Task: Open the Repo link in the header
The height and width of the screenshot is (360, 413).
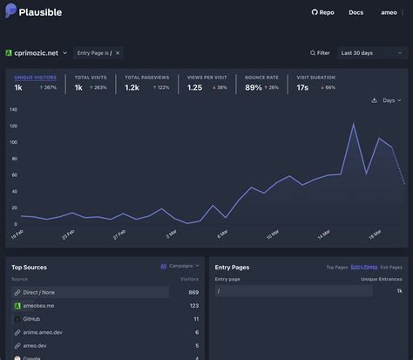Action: [x=322, y=12]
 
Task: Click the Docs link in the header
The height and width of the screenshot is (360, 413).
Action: [x=355, y=12]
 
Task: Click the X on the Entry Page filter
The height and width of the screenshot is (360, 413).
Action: [x=118, y=53]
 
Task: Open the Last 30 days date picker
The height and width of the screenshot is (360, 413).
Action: [x=372, y=53]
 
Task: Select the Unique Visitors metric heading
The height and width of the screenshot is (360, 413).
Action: [x=35, y=78]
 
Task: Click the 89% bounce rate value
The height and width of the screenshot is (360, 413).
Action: [x=254, y=87]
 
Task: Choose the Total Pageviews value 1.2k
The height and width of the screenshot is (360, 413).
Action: [x=132, y=87]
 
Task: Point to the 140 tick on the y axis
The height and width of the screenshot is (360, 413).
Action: [x=13, y=110]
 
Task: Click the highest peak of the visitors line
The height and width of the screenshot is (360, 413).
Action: [x=353, y=125]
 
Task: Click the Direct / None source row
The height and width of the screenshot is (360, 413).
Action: [x=87, y=292]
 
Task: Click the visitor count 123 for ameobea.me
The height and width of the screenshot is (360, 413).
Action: [x=193, y=306]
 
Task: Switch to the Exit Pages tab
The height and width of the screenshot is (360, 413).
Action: [x=393, y=267]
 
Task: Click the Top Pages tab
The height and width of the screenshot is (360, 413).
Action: [x=336, y=267]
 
